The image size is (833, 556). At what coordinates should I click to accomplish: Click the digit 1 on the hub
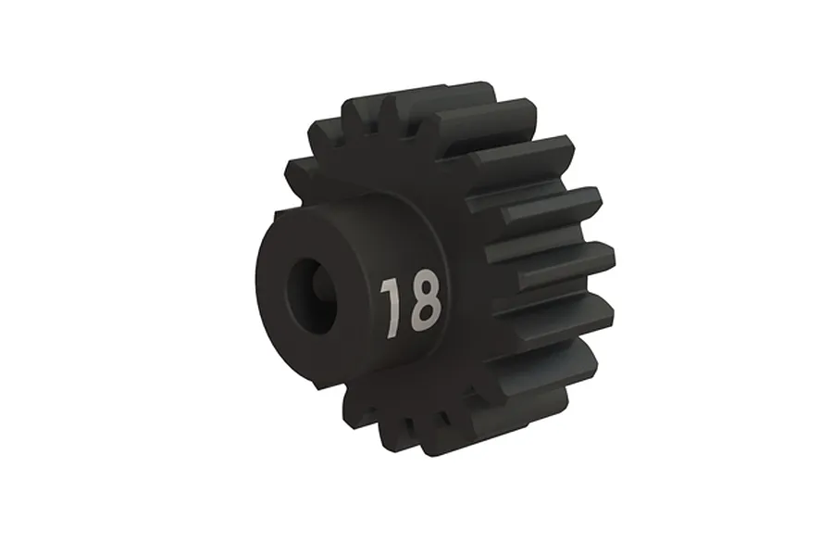click(390, 306)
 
